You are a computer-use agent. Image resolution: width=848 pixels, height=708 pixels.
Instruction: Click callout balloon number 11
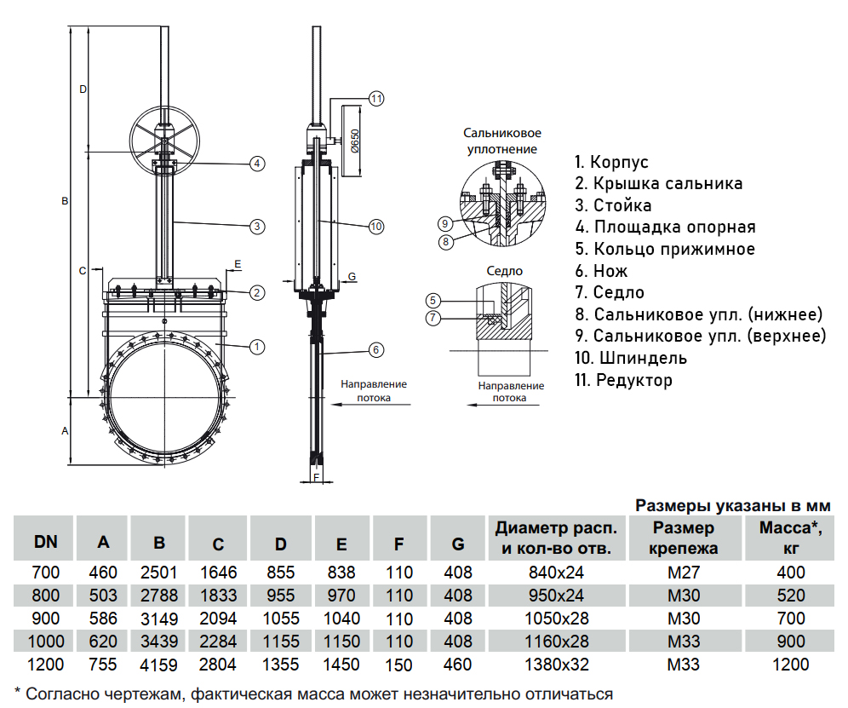377,98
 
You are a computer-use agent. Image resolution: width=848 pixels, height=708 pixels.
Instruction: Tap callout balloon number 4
256,163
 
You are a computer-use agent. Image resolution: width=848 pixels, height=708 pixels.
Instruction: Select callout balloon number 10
377,226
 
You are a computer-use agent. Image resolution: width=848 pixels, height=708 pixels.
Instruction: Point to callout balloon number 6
377,349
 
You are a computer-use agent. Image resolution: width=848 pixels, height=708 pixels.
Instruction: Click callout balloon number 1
256,346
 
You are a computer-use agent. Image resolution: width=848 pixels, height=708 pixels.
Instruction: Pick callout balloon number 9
444,224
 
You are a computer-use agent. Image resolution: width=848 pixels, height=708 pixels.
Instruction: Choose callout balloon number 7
433,318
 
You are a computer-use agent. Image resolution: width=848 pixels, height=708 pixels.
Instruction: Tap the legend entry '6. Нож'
601,271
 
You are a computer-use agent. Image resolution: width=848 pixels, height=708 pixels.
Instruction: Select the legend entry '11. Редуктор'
623,380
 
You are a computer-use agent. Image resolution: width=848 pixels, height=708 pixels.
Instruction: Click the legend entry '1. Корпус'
611,162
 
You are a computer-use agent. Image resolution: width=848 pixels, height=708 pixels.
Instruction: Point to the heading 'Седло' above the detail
505,271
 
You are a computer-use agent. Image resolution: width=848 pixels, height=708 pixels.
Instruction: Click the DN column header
46,542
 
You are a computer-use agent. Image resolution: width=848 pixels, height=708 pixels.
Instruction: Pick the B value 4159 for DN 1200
159,664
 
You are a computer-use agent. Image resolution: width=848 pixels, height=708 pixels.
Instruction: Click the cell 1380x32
555,664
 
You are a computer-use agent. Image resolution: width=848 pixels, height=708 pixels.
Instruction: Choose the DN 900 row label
46,618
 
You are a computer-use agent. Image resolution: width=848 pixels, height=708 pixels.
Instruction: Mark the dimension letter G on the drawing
352,278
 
